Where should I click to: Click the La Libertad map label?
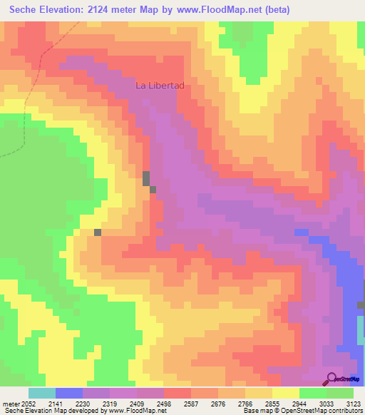coord(160,86)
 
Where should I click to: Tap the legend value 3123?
coord(354,403)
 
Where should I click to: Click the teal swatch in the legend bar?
coord(42,393)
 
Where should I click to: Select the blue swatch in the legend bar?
coord(69,393)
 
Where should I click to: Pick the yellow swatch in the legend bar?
coord(286,393)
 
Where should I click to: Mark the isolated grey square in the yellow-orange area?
coord(98,232)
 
